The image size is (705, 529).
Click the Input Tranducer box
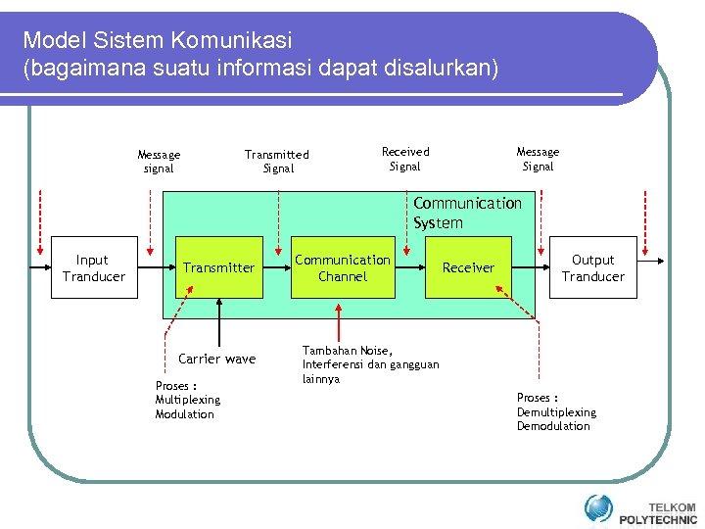pos(92,267)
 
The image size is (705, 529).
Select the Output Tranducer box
pos(592,267)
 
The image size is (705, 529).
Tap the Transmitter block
pos(218,267)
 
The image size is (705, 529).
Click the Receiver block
pos(469,267)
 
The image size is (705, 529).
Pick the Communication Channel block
pos(343,267)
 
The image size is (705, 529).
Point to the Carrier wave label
pos(216,359)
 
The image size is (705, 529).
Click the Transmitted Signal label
pos(277,162)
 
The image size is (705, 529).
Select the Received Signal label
pos(405,159)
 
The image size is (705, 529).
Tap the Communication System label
pos(467,213)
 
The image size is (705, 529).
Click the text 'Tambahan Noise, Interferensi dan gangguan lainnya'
pos(370,364)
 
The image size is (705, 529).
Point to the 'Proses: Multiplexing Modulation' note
pos(187,400)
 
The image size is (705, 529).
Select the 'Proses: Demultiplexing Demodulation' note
pos(555,411)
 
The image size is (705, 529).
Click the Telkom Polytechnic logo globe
pos(598,508)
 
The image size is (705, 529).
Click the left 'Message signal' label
pos(159,162)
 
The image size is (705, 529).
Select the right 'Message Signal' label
pos(538,159)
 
